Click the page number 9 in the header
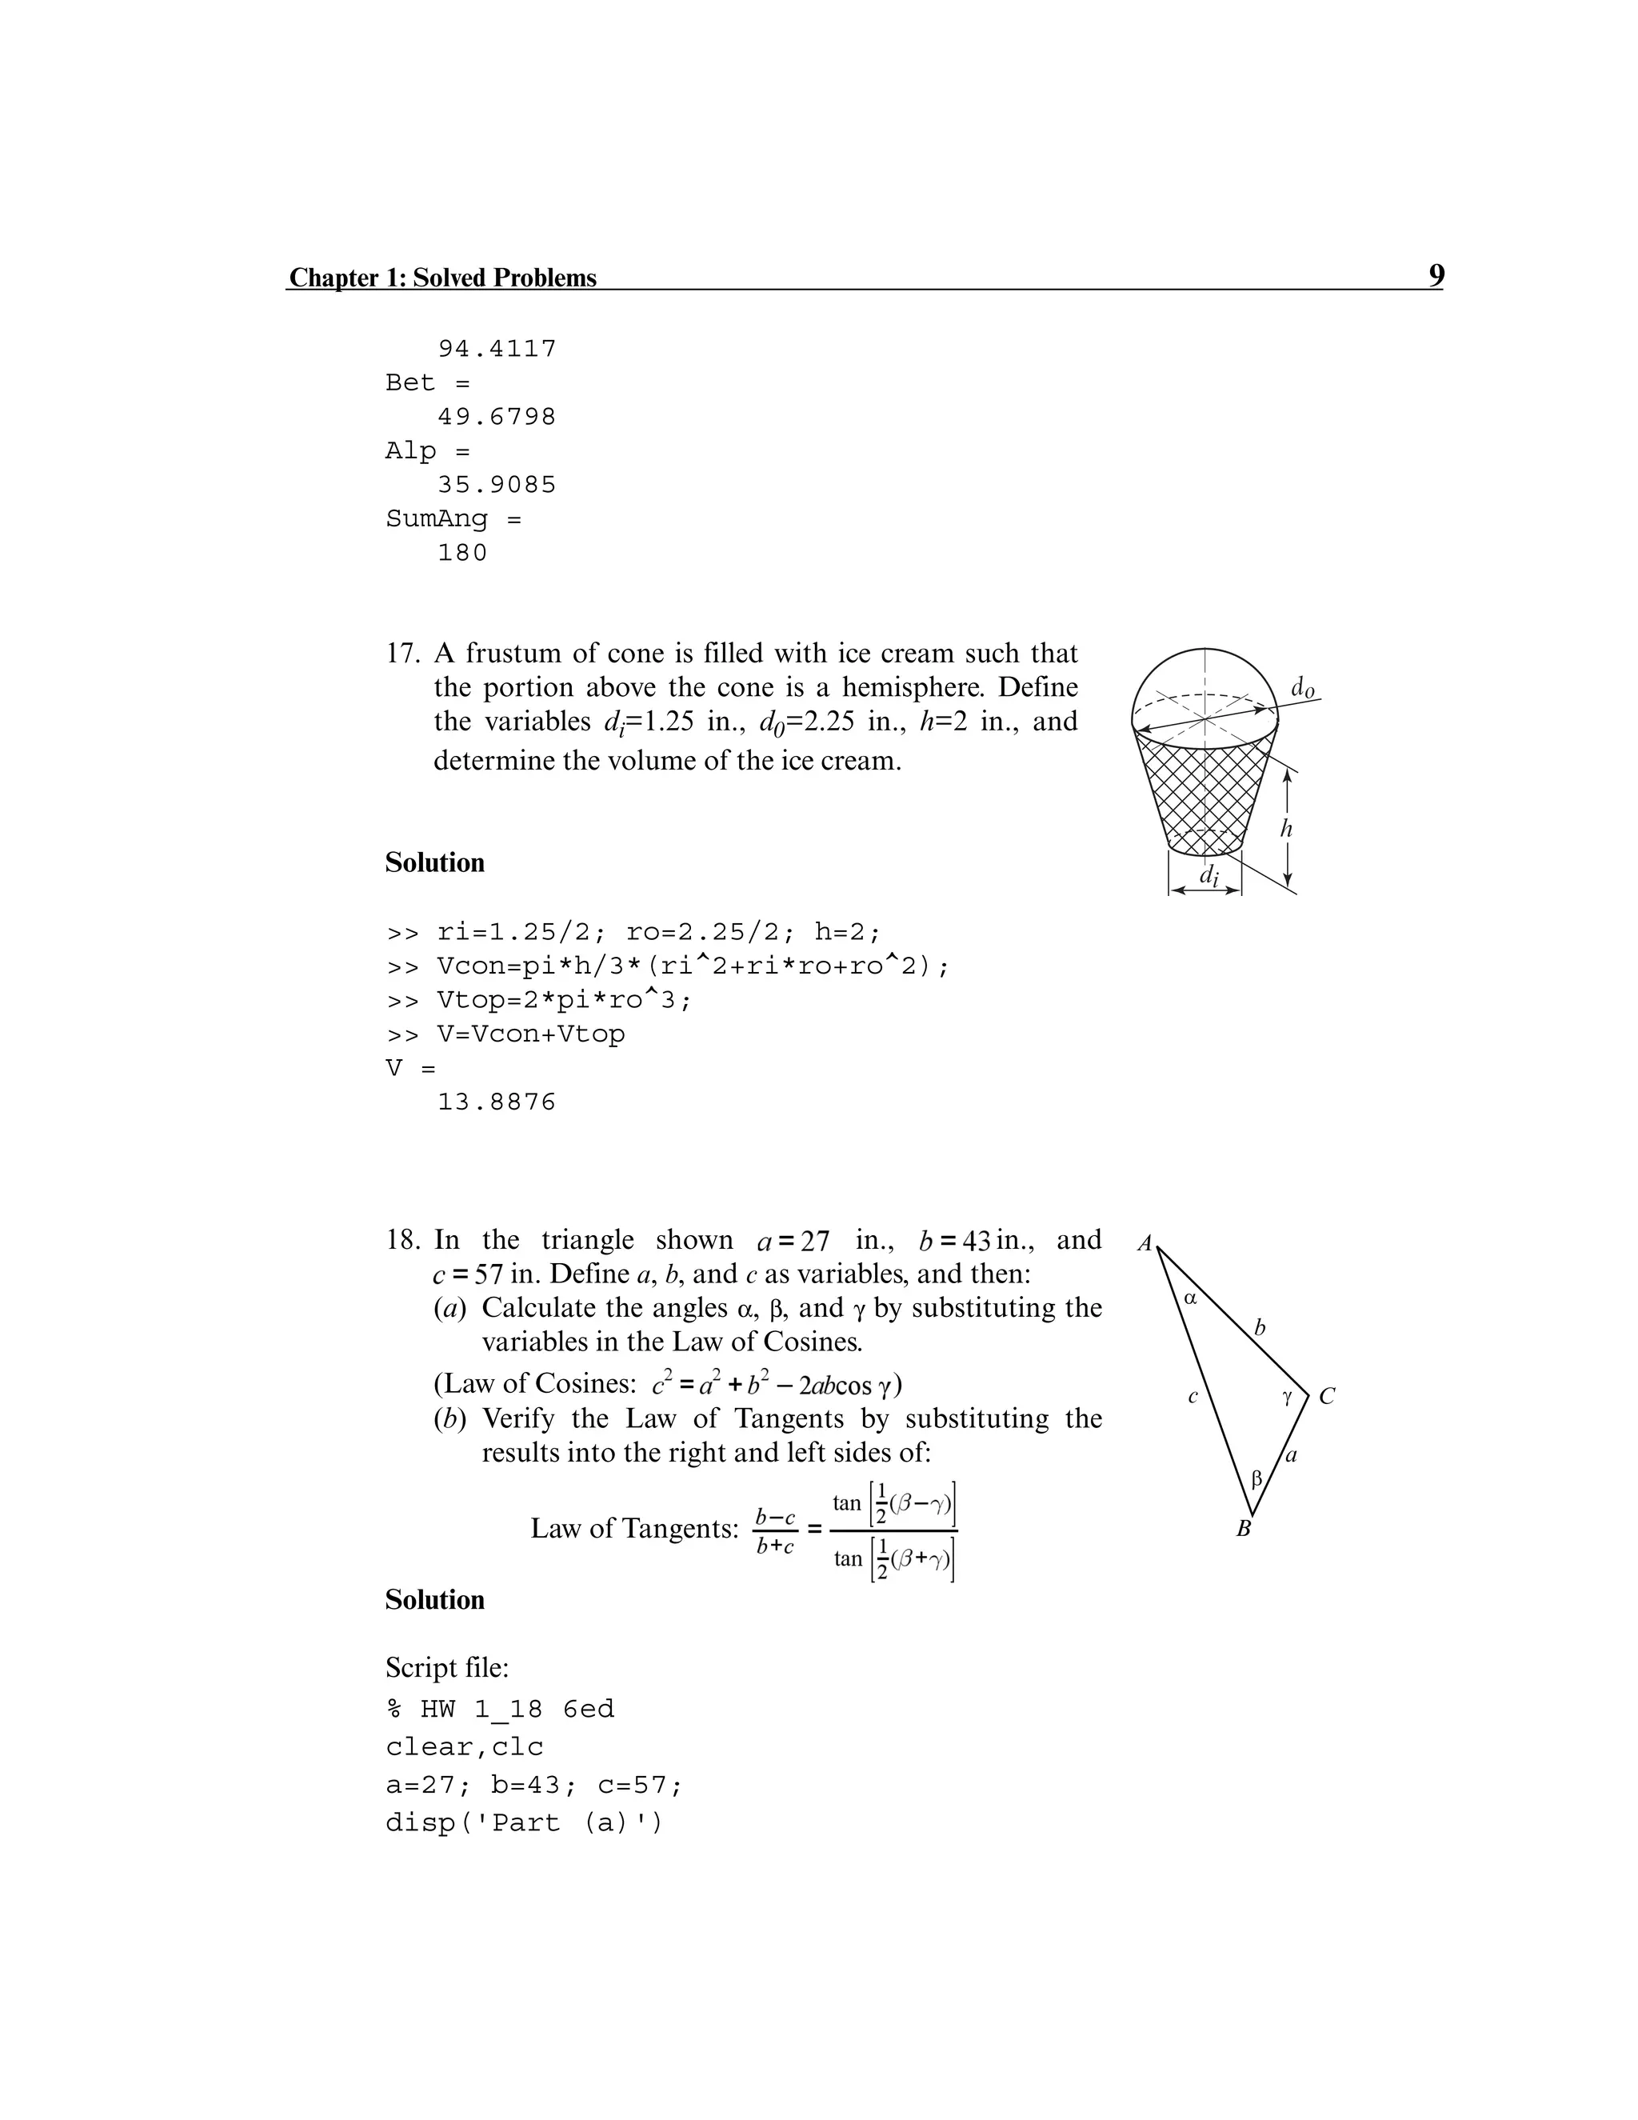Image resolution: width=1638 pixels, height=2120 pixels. [x=1435, y=276]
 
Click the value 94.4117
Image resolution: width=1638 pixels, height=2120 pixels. [x=497, y=349]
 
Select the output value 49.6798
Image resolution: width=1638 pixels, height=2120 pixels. [x=497, y=417]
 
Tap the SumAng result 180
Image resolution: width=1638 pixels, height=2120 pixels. [x=463, y=552]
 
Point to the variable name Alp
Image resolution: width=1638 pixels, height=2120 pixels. [x=410, y=450]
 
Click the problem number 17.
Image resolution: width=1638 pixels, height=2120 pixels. [x=402, y=654]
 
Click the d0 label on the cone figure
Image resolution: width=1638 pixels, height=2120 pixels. [x=1303, y=687]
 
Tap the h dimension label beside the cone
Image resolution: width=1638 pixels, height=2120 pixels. [x=1286, y=828]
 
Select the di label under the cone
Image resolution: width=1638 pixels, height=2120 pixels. [x=1207, y=874]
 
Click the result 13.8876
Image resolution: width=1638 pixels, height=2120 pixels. [x=497, y=1102]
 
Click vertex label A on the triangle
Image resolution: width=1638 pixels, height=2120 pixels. [x=1145, y=1243]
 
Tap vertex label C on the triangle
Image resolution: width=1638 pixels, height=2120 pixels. [x=1327, y=1397]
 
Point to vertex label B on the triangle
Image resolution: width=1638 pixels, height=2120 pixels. [x=1243, y=1530]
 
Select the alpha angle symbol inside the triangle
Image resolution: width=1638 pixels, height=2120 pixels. [x=1192, y=1298]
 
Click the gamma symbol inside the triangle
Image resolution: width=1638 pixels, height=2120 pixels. [x=1287, y=1397]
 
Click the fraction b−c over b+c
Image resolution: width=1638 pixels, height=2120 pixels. [x=775, y=1530]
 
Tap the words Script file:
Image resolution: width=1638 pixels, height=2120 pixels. [x=446, y=1668]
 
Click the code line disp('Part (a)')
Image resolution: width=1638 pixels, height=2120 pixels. [x=524, y=1823]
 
